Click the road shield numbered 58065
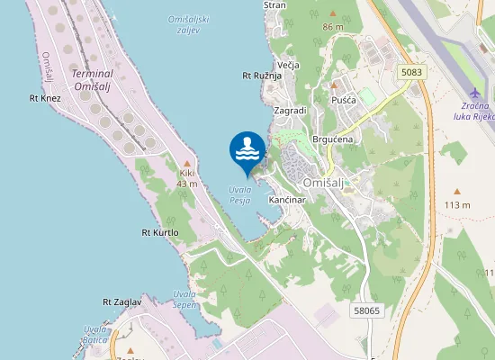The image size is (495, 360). click(x=366, y=310)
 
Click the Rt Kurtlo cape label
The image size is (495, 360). click(x=160, y=232)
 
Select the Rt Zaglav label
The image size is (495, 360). click(x=122, y=302)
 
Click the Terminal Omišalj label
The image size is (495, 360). click(x=92, y=79)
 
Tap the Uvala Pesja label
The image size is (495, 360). click(x=239, y=194)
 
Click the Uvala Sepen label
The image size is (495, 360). click(x=184, y=300)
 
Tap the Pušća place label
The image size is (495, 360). click(x=346, y=100)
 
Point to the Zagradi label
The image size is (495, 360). click(x=290, y=110)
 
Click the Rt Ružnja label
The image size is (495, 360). click(x=263, y=76)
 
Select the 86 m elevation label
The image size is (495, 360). click(x=333, y=27)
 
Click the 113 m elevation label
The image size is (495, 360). click(x=457, y=204)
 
